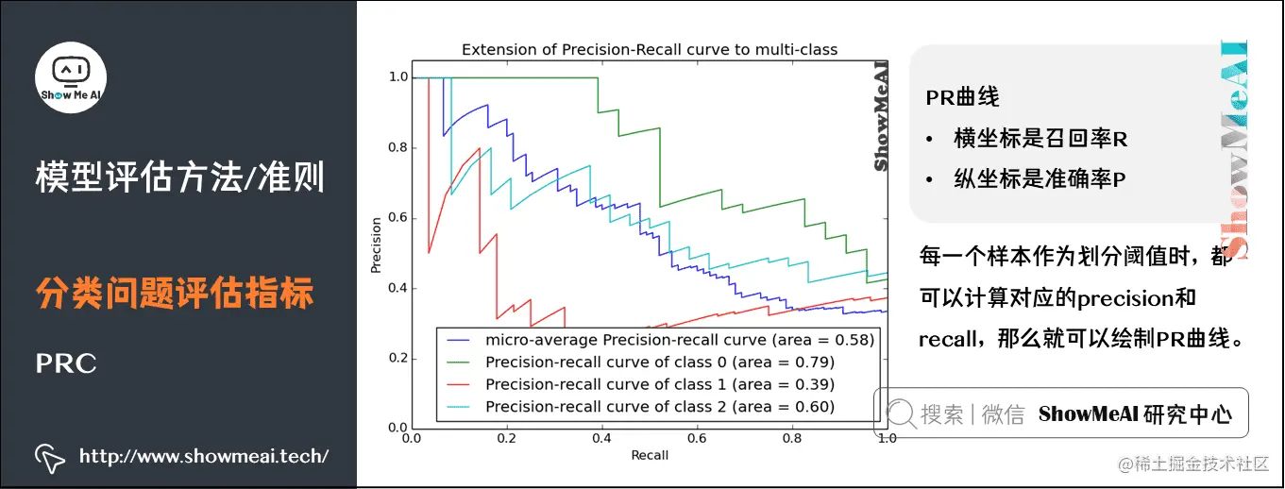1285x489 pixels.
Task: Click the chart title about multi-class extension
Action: point(649,50)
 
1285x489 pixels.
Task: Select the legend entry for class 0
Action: point(659,362)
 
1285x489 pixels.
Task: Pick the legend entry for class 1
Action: point(659,384)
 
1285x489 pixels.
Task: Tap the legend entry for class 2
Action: point(659,407)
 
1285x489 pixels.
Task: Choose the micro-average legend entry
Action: point(679,339)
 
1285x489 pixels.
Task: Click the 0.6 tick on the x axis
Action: point(697,439)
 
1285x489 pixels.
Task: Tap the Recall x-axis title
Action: point(649,455)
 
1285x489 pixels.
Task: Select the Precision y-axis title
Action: point(376,245)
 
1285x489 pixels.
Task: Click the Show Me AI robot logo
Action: point(71,76)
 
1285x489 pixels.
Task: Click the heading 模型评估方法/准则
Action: point(179,177)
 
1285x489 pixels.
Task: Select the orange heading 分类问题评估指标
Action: point(175,294)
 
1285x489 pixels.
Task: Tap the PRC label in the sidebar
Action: point(66,363)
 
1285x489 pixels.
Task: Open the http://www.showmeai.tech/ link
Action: point(204,457)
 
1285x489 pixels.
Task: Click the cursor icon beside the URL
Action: point(50,457)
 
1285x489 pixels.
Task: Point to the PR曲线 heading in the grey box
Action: point(962,97)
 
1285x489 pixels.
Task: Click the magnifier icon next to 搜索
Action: point(901,413)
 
